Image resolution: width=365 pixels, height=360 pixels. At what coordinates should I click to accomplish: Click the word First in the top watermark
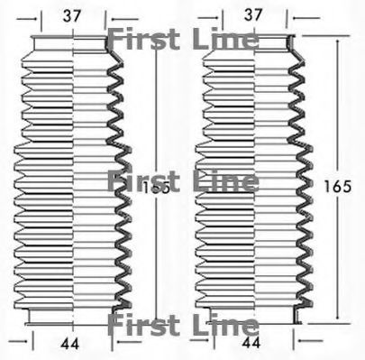[143, 39]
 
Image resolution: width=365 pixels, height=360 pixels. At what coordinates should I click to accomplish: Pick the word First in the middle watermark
[143, 180]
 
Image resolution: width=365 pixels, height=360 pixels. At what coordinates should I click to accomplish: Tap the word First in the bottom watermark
[143, 324]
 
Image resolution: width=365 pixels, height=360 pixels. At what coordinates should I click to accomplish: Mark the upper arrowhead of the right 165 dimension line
[338, 40]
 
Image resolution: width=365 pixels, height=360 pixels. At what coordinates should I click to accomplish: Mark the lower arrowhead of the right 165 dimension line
[338, 321]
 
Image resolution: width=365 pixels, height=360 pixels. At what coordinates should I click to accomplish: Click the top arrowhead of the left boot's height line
[156, 40]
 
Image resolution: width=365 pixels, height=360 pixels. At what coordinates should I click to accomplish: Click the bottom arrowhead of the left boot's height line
[156, 321]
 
